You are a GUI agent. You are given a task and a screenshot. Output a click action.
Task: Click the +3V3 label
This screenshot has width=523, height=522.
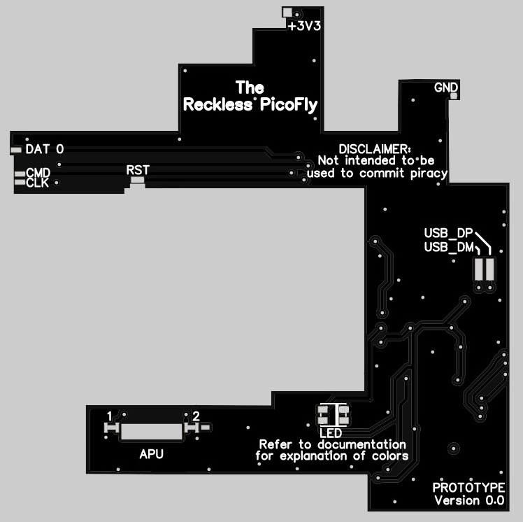(305, 26)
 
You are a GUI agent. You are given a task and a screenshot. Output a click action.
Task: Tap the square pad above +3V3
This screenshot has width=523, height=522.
(287, 13)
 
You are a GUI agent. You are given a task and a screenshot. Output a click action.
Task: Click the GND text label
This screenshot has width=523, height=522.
(446, 87)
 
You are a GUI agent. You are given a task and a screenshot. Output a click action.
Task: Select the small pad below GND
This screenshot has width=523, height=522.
(454, 96)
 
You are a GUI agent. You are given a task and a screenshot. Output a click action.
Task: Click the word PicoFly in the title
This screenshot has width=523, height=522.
(289, 105)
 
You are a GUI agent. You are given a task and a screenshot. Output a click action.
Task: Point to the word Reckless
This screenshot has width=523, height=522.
(217, 104)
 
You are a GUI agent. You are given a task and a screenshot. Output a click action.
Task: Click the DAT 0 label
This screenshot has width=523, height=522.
(45, 149)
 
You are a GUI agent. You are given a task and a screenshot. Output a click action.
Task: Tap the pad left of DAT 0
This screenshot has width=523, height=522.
(15, 150)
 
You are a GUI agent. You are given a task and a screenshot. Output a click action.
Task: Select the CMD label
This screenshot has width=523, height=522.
(38, 173)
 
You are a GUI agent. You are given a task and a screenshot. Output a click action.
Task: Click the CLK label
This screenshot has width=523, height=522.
(37, 183)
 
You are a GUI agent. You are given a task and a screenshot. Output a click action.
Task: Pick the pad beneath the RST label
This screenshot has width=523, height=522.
(138, 181)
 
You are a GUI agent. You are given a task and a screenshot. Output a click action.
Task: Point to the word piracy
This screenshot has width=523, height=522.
(429, 174)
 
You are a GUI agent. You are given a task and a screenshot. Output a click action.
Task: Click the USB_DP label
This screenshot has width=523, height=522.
(448, 233)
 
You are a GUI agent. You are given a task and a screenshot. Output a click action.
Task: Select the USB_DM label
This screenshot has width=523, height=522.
(449, 247)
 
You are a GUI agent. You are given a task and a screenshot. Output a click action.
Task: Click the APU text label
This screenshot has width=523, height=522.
(152, 454)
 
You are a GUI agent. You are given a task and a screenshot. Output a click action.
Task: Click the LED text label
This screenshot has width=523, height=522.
(331, 433)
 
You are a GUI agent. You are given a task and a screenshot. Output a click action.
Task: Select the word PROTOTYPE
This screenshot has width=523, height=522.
(468, 488)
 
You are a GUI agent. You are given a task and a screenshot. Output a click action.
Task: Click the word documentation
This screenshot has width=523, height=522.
(361, 444)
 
